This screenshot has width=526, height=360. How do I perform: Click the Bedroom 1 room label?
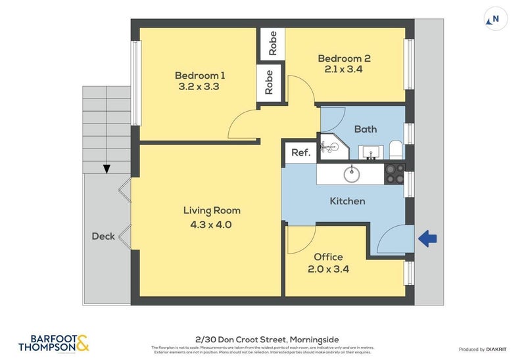coord(200,74)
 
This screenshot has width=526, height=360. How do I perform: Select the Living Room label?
coord(212,211)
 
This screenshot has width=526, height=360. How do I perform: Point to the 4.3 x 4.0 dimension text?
coord(212,225)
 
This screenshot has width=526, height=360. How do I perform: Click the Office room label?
coord(328,257)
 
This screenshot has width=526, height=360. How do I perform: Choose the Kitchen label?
coord(347,201)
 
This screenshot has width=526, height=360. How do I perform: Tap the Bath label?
coord(366,129)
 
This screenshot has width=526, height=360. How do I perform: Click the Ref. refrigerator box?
coord(300,152)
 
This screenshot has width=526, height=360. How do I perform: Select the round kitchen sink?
coord(352,174)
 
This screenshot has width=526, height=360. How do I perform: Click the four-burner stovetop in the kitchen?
coord(394,173)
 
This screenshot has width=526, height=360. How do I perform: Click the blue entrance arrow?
coord(428,239)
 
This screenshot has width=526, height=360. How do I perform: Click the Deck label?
coord(103,236)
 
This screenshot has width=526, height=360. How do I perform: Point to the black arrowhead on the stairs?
coord(107,169)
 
